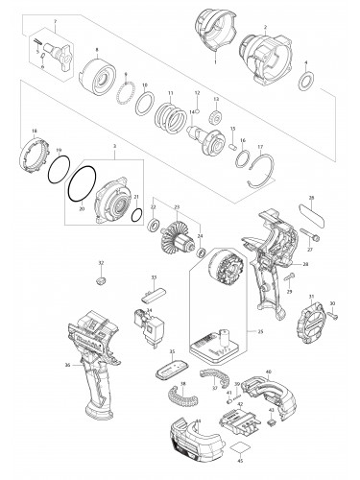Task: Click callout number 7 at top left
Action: pyautogui.click(x=56, y=20)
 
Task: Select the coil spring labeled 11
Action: pyautogui.click(x=170, y=116)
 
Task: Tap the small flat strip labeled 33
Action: pyautogui.click(x=154, y=293)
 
